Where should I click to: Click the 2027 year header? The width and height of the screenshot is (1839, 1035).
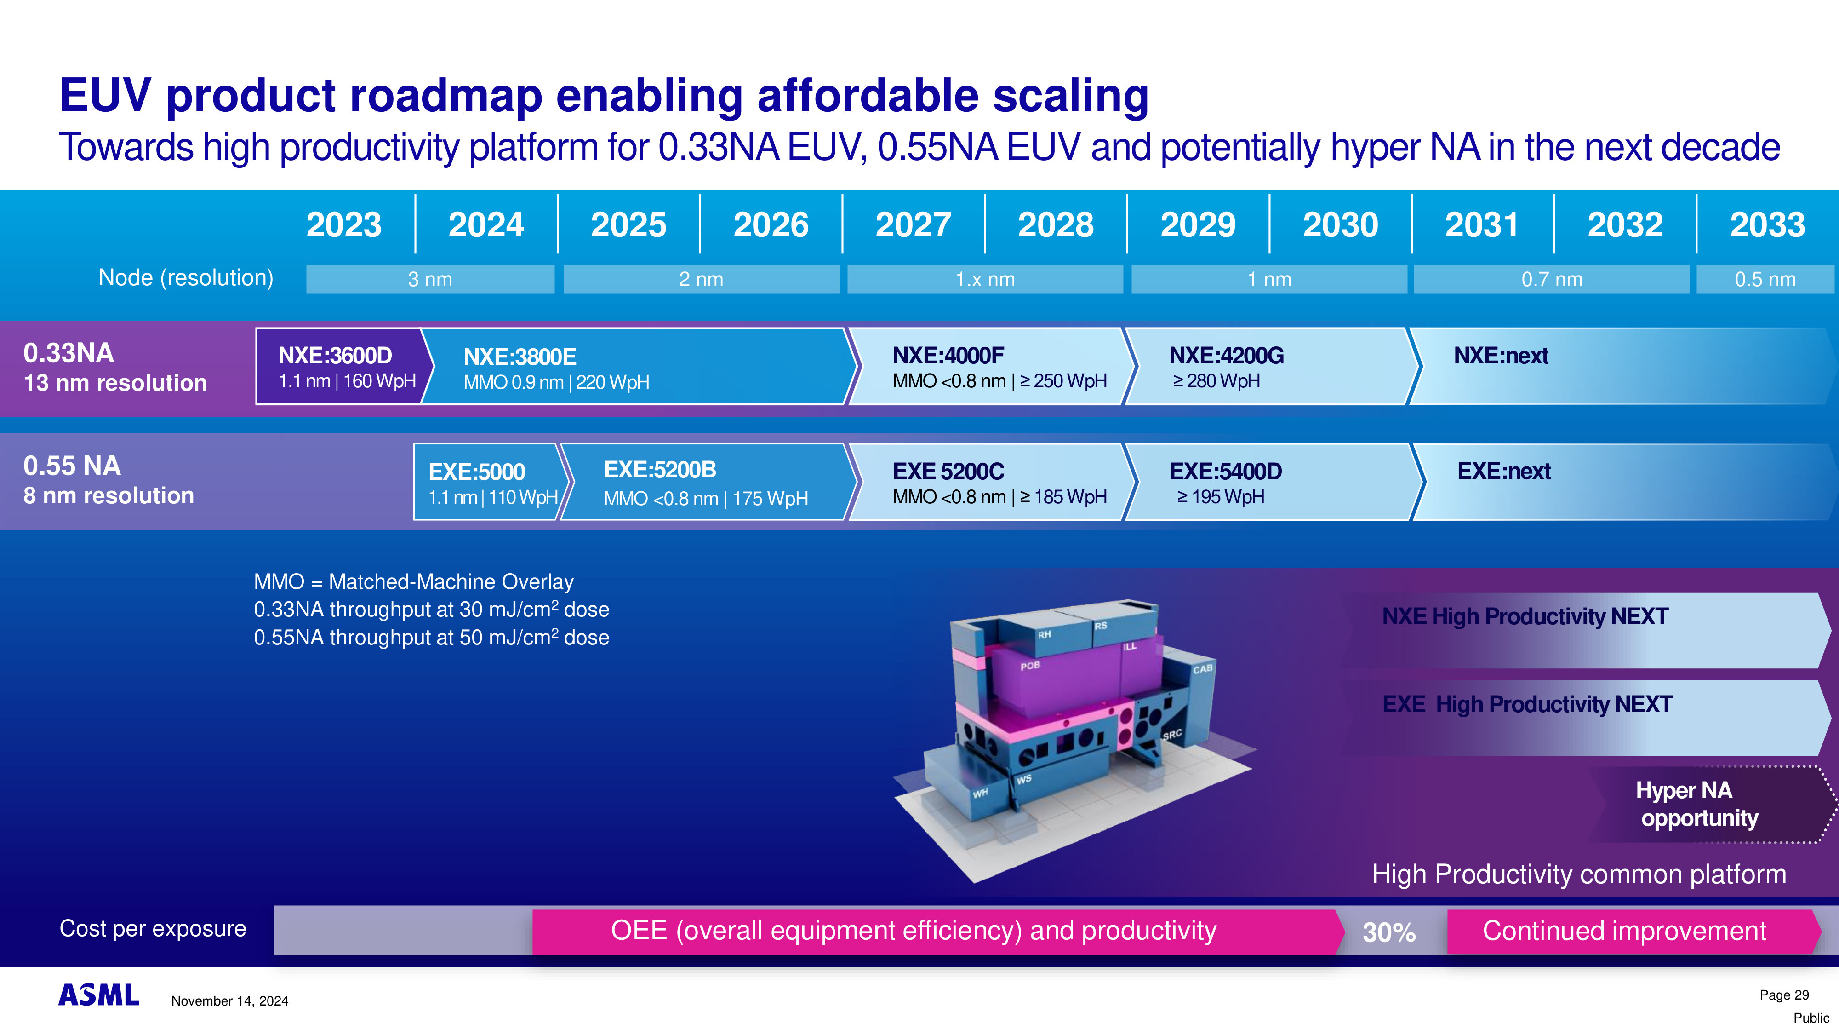[913, 225]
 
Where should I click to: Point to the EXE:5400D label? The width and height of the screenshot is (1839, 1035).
[1225, 471]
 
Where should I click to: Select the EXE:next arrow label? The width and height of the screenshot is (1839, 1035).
[1503, 471]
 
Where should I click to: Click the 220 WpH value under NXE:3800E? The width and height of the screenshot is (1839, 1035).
[612, 383]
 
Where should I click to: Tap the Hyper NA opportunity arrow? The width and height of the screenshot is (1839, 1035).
[1699, 804]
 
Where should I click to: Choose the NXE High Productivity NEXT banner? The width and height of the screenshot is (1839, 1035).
[1525, 616]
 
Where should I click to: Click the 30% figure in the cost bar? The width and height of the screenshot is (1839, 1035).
[1388, 932]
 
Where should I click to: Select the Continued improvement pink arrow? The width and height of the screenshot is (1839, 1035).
[1624, 931]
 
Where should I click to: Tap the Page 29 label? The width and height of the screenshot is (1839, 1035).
[1783, 995]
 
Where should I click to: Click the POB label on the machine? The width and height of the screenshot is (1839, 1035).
[1029, 666]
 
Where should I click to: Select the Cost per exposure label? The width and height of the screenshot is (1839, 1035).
[153, 929]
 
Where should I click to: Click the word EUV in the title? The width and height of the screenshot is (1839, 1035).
[106, 95]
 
